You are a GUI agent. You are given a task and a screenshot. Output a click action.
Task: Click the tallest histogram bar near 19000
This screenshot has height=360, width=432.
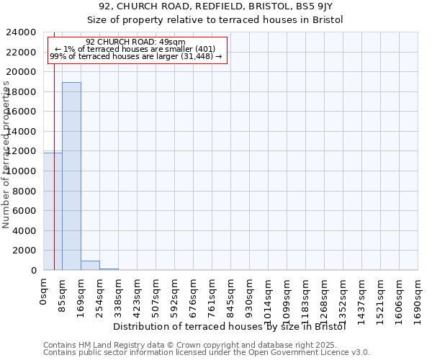pos(71,176)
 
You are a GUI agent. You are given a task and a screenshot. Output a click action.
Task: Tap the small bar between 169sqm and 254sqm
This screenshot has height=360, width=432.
pos(90,266)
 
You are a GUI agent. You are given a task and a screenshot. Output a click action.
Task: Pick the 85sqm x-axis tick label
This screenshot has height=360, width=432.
pos(63,294)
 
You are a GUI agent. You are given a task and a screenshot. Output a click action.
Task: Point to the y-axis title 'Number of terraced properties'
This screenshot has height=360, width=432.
pos(6,155)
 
